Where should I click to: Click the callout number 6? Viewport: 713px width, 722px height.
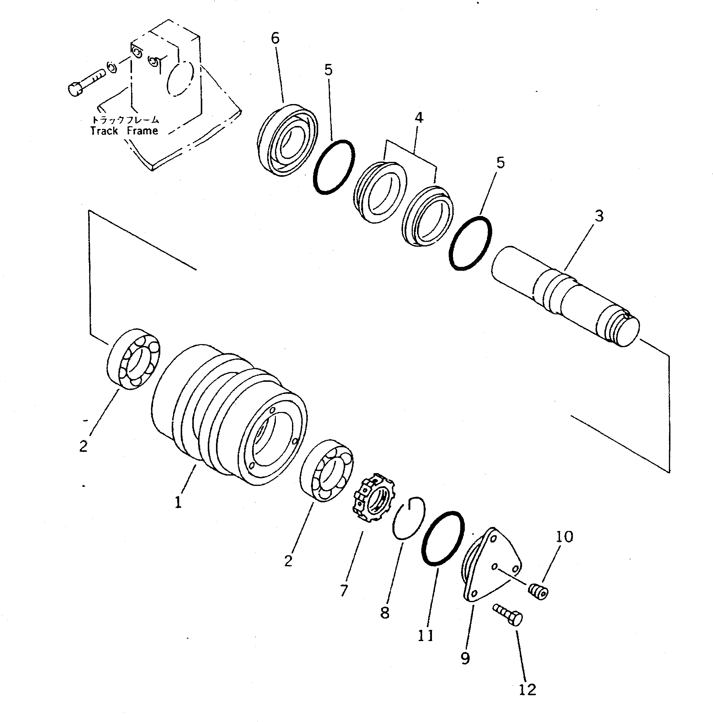pyautogui.click(x=275, y=38)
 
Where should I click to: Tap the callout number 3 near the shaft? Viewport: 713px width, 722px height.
pyautogui.click(x=599, y=216)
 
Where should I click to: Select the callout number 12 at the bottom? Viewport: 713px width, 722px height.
pyautogui.click(x=527, y=689)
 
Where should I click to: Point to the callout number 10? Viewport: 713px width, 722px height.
pyautogui.click(x=564, y=537)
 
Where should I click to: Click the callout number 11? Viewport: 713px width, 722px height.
pyautogui.click(x=425, y=635)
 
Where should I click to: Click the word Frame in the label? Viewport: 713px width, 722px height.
pyautogui.click(x=142, y=131)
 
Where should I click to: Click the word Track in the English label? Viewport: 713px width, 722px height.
pyautogui.click(x=104, y=131)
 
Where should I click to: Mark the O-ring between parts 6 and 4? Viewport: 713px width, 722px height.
pyautogui.click(x=334, y=167)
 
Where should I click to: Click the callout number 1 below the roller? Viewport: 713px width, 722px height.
pyautogui.click(x=178, y=502)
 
